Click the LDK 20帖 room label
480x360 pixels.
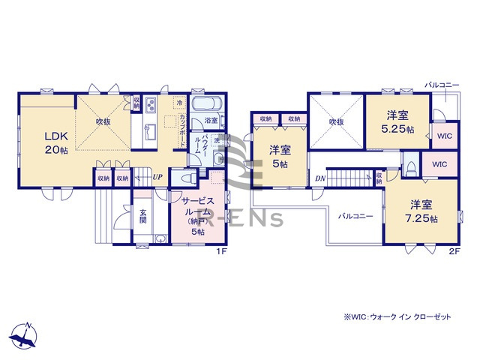tap(56, 143)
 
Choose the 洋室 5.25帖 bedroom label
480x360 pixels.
tap(397, 121)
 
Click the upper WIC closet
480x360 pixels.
tap(444, 136)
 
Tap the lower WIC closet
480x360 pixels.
tap(439, 163)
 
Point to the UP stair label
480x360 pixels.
tap(157, 178)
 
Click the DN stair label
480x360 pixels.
tap(319, 178)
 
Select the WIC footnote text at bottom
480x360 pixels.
tap(397, 317)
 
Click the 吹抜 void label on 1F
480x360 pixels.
tap(104, 120)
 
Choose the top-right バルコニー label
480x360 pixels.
tap(442, 85)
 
